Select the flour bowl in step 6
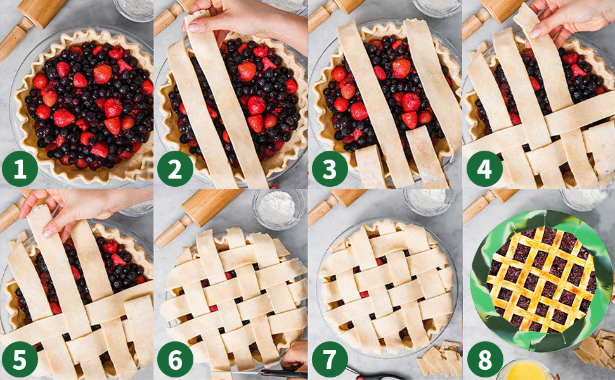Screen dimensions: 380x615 click(x=277, y=209)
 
